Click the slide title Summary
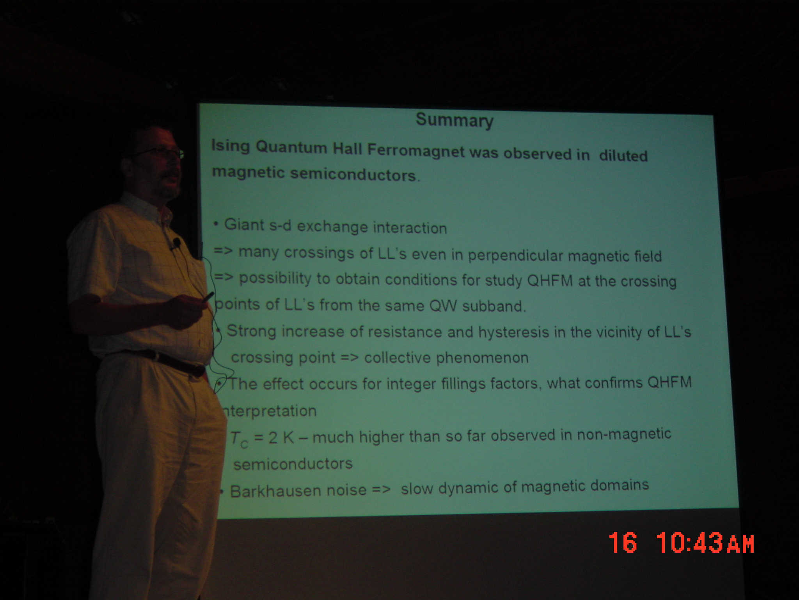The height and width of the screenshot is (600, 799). (455, 121)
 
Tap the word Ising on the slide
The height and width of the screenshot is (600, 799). (231, 146)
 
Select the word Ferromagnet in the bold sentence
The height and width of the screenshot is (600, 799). (416, 151)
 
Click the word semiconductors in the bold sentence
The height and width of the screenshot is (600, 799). (353, 174)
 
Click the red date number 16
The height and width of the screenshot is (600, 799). (623, 542)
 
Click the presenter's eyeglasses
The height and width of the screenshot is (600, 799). (160, 152)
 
